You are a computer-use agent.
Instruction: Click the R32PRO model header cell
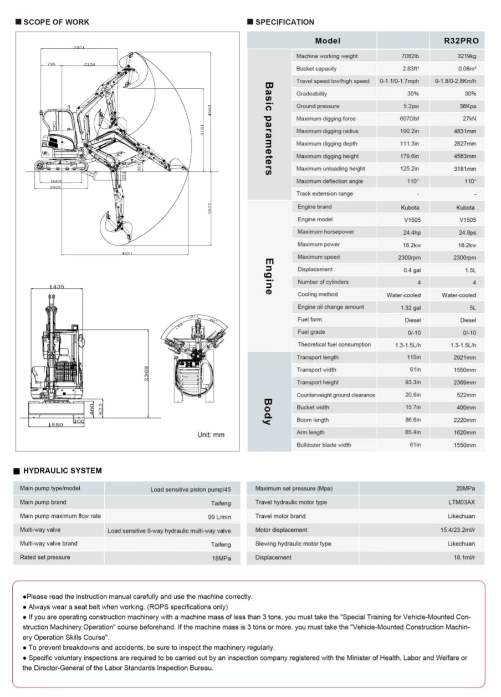461,40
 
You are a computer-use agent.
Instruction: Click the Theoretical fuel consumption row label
334,344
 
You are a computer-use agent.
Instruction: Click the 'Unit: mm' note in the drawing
211,435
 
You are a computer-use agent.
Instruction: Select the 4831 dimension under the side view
127,253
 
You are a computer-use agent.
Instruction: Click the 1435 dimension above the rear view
57,287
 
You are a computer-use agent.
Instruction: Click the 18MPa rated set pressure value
222,558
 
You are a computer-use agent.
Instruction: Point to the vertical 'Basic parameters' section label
268,129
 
